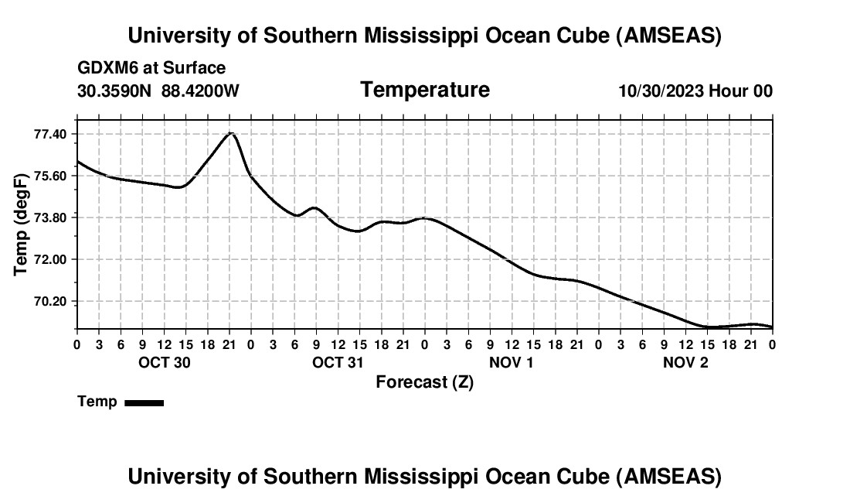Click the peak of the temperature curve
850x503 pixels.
[229, 133]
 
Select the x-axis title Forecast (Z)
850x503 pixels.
[424, 382]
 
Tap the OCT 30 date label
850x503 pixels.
[164, 362]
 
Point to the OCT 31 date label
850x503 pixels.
[338, 362]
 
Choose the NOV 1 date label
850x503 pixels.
[512, 362]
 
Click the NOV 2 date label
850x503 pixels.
[685, 362]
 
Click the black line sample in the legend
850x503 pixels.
[144, 402]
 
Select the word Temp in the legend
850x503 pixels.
[97, 402]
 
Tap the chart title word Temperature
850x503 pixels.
[425, 90]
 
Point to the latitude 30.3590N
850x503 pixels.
[116, 91]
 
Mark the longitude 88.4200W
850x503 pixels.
[200, 91]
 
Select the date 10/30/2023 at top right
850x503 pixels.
[661, 91]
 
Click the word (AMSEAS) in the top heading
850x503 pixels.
[669, 36]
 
